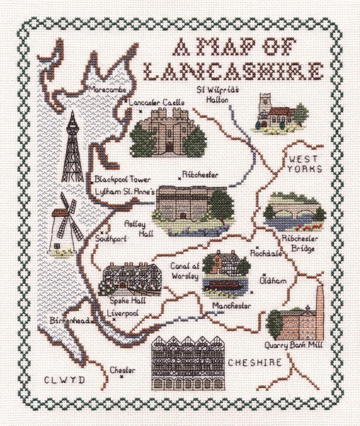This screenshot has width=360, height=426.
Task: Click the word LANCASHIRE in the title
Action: [x=234, y=72]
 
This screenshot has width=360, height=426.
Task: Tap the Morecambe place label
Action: [x=107, y=90]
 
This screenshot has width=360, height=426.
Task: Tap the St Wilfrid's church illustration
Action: [x=278, y=113]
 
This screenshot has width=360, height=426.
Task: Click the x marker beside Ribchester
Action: [x=180, y=179]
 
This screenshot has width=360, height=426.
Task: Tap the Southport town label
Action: [x=111, y=239]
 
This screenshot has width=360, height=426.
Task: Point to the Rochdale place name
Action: [x=266, y=253]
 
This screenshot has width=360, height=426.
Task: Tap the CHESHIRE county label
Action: [x=255, y=363]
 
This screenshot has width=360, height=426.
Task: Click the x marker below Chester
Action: [x=122, y=377]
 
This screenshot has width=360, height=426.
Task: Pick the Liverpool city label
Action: [x=123, y=313]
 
